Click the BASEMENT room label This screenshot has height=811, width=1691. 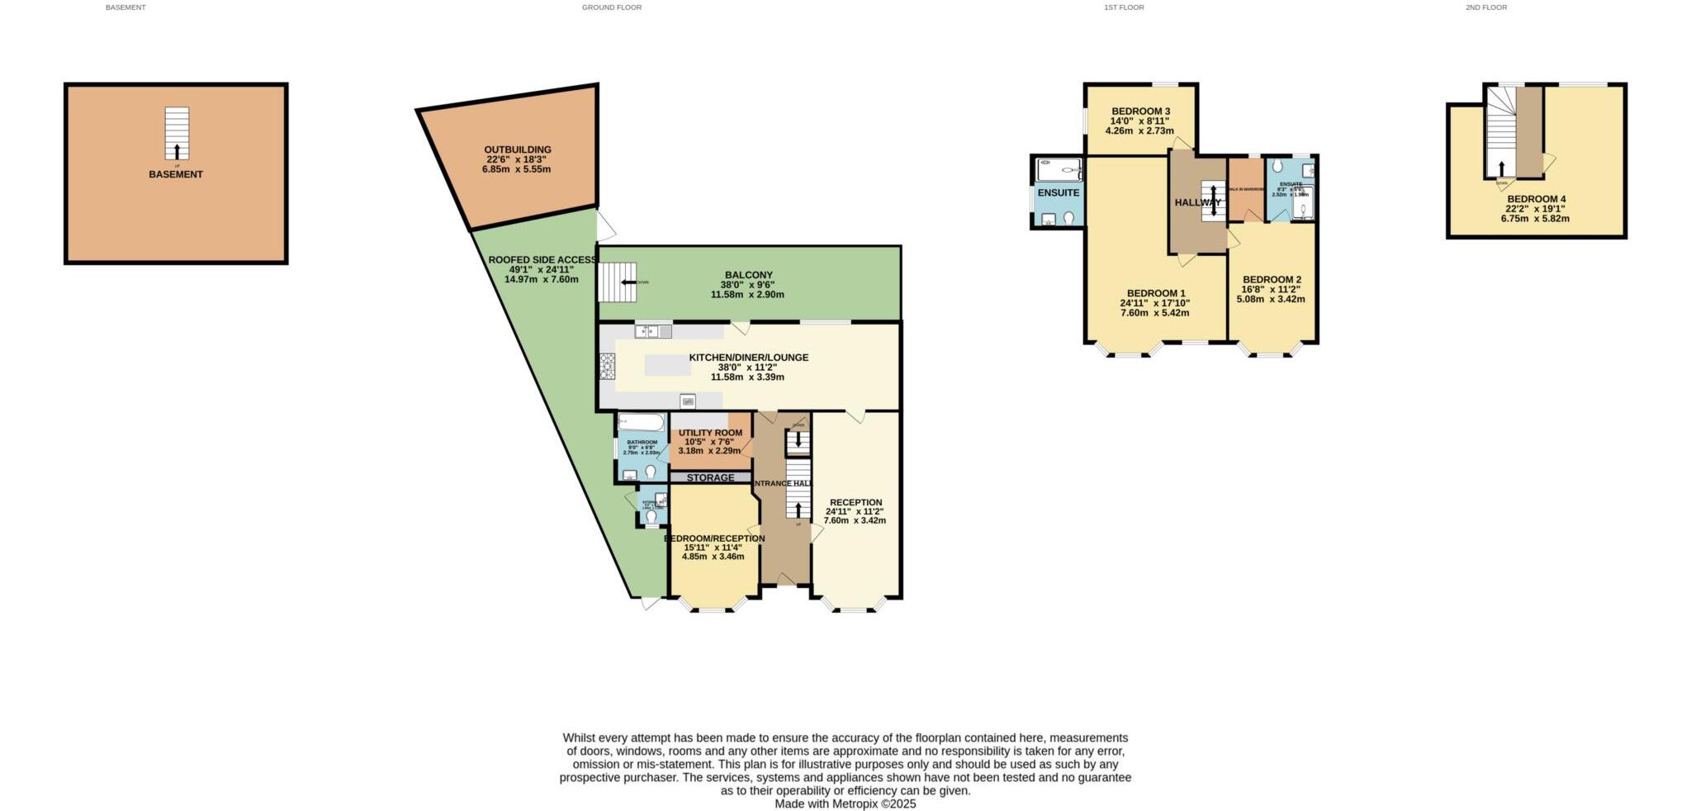pyautogui.click(x=175, y=174)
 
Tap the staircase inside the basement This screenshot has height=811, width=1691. pyautogui.click(x=176, y=133)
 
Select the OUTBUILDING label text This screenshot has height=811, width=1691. pyautogui.click(x=517, y=149)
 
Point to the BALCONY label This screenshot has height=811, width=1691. pyautogui.click(x=748, y=275)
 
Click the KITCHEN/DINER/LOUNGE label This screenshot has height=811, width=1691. pyautogui.click(x=748, y=358)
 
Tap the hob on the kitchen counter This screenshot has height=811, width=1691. pyautogui.click(x=608, y=366)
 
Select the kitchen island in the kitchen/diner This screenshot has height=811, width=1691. pyautogui.click(x=667, y=365)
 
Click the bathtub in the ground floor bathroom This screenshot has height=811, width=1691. pyautogui.click(x=641, y=423)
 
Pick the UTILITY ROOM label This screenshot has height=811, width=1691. pyautogui.click(x=710, y=433)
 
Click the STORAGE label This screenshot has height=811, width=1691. pyautogui.click(x=710, y=477)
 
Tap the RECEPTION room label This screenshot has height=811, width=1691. pyautogui.click(x=855, y=502)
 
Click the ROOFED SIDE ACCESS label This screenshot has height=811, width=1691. pyautogui.click(x=542, y=259)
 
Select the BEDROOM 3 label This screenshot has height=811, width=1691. pyautogui.click(x=1140, y=111)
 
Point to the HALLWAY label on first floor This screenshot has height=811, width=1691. pyautogui.click(x=1197, y=202)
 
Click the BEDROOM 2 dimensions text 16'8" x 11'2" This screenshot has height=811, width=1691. pyautogui.click(x=1270, y=289)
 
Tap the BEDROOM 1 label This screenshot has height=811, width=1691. pyautogui.click(x=1155, y=293)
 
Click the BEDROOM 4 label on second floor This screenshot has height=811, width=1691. pyautogui.click(x=1536, y=199)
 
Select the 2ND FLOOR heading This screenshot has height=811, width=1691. pyautogui.click(x=1486, y=7)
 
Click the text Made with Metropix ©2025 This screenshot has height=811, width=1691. pyautogui.click(x=845, y=804)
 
